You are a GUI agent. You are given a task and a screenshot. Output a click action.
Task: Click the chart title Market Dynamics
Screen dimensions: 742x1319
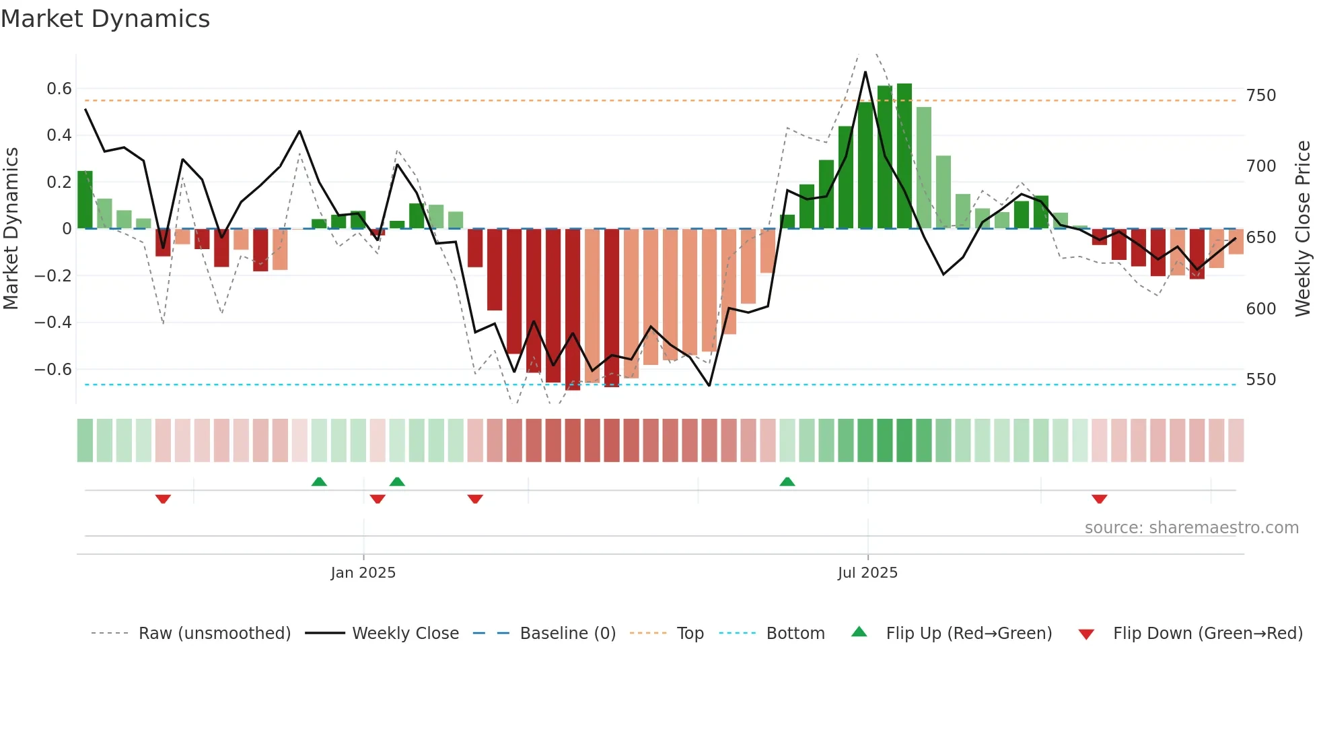[x=105, y=19]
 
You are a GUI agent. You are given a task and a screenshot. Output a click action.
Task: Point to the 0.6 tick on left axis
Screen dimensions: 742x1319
[x=59, y=89]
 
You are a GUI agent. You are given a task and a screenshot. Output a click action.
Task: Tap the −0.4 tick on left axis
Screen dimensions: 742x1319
[x=53, y=323]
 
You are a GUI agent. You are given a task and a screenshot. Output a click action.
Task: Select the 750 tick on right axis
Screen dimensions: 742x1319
[x=1260, y=96]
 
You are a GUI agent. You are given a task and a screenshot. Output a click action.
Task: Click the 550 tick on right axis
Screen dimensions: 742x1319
[x=1260, y=380]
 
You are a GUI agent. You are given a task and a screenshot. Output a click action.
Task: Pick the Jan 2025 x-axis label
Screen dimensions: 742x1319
[x=363, y=573]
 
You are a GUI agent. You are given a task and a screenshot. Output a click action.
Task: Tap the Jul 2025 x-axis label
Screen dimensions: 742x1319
[x=867, y=573]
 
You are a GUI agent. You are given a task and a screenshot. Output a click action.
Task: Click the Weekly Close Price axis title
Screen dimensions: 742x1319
[x=1303, y=229]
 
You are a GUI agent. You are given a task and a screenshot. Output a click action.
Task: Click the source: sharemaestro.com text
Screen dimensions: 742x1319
[x=1191, y=528]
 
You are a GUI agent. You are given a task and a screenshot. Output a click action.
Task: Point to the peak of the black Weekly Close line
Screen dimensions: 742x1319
[x=865, y=72]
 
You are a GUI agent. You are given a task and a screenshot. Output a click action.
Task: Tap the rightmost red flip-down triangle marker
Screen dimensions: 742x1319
[x=1100, y=499]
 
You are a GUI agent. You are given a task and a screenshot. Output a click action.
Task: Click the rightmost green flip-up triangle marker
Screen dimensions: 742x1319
[x=787, y=481]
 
